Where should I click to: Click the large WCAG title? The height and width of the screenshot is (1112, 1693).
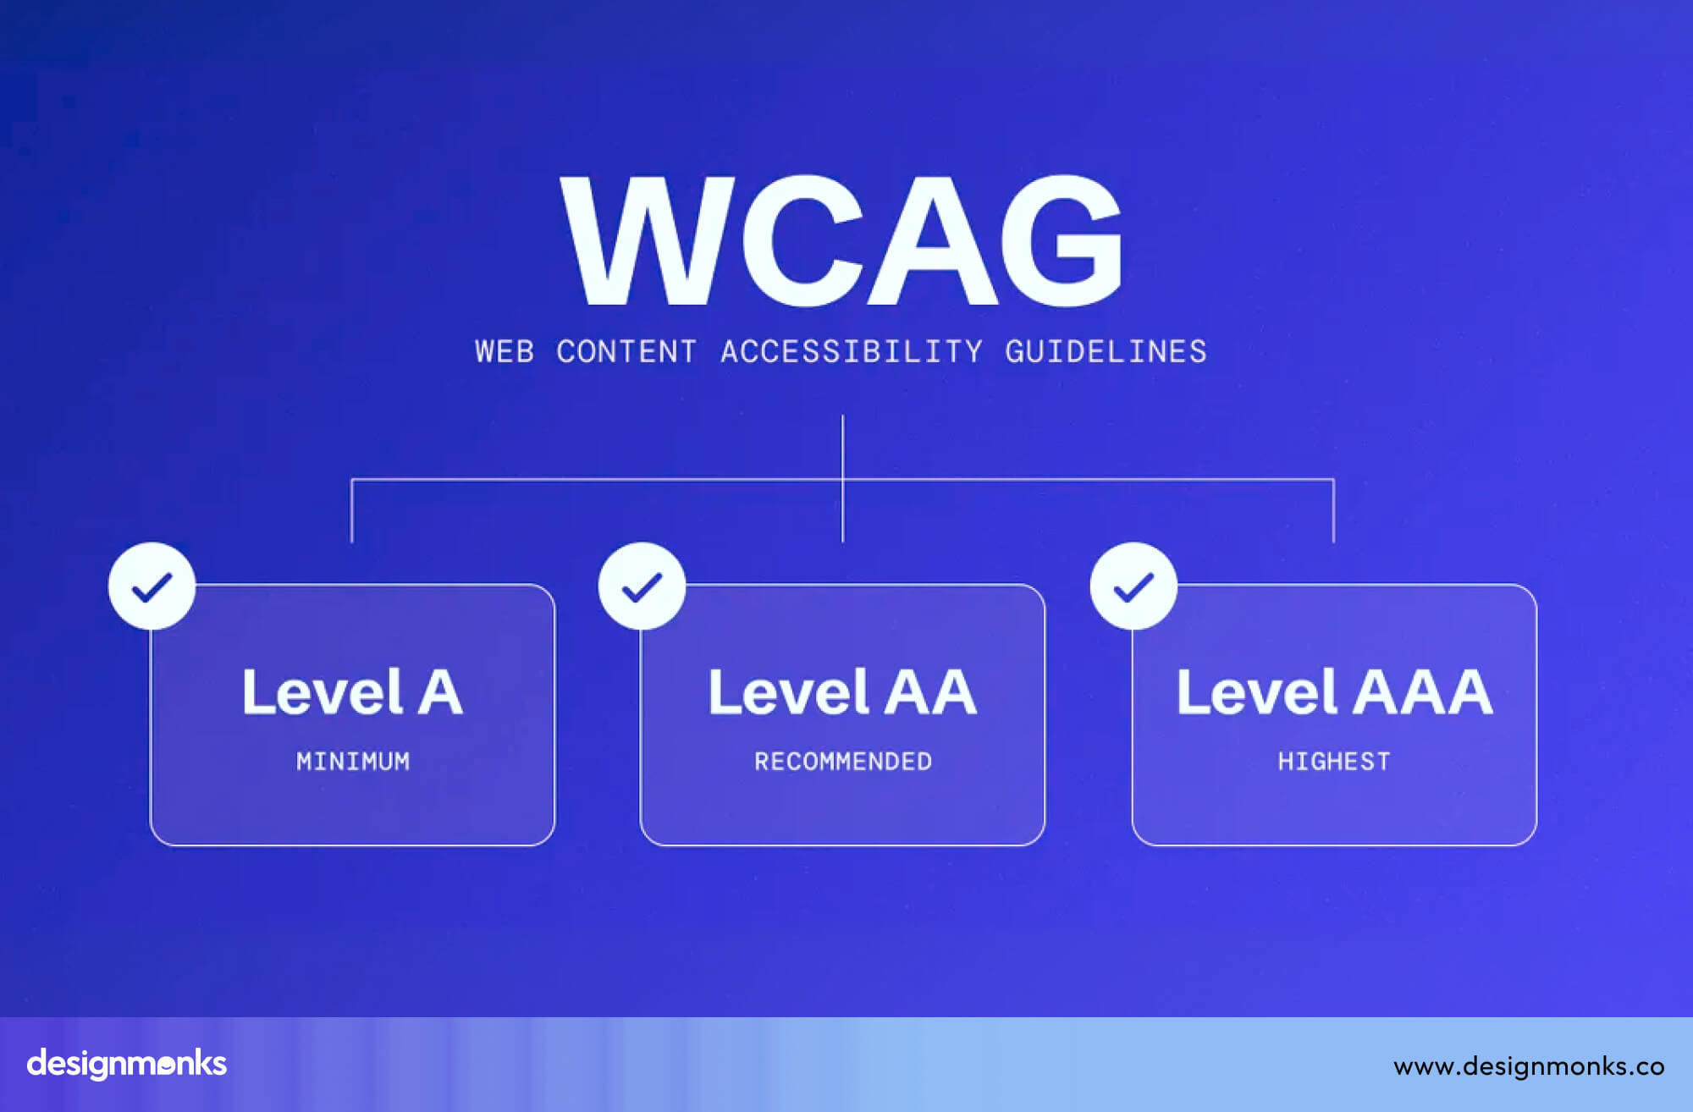click(x=841, y=241)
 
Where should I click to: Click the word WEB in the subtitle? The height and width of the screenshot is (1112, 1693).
click(x=505, y=352)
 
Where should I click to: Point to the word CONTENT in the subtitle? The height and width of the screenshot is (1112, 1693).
click(x=626, y=352)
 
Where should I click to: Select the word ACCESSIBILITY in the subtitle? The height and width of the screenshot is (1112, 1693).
click(x=852, y=352)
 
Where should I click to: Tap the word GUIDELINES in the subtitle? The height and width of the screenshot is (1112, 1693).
click(x=1106, y=352)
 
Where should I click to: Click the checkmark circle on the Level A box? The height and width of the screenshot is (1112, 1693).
click(x=152, y=586)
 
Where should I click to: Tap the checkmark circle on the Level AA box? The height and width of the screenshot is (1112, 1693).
click(x=642, y=586)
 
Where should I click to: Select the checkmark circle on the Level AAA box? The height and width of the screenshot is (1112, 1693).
click(x=1133, y=586)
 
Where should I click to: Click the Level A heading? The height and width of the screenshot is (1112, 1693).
click(x=352, y=692)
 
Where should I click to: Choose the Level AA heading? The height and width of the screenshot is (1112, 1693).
click(x=842, y=692)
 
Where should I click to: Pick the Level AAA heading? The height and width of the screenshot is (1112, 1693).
click(x=1334, y=692)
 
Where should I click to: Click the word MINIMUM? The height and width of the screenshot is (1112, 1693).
click(x=353, y=762)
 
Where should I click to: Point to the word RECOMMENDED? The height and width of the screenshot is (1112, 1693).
click(x=843, y=762)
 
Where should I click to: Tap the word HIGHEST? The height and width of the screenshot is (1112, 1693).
click(x=1334, y=762)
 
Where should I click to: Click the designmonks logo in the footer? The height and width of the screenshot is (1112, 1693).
click(x=127, y=1064)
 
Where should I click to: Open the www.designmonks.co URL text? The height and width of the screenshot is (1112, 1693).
click(x=1529, y=1066)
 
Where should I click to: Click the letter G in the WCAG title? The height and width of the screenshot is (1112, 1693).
click(x=1062, y=241)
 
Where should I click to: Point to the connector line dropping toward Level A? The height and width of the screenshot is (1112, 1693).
click(x=352, y=512)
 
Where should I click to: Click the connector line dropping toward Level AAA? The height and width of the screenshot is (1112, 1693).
click(x=1333, y=512)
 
